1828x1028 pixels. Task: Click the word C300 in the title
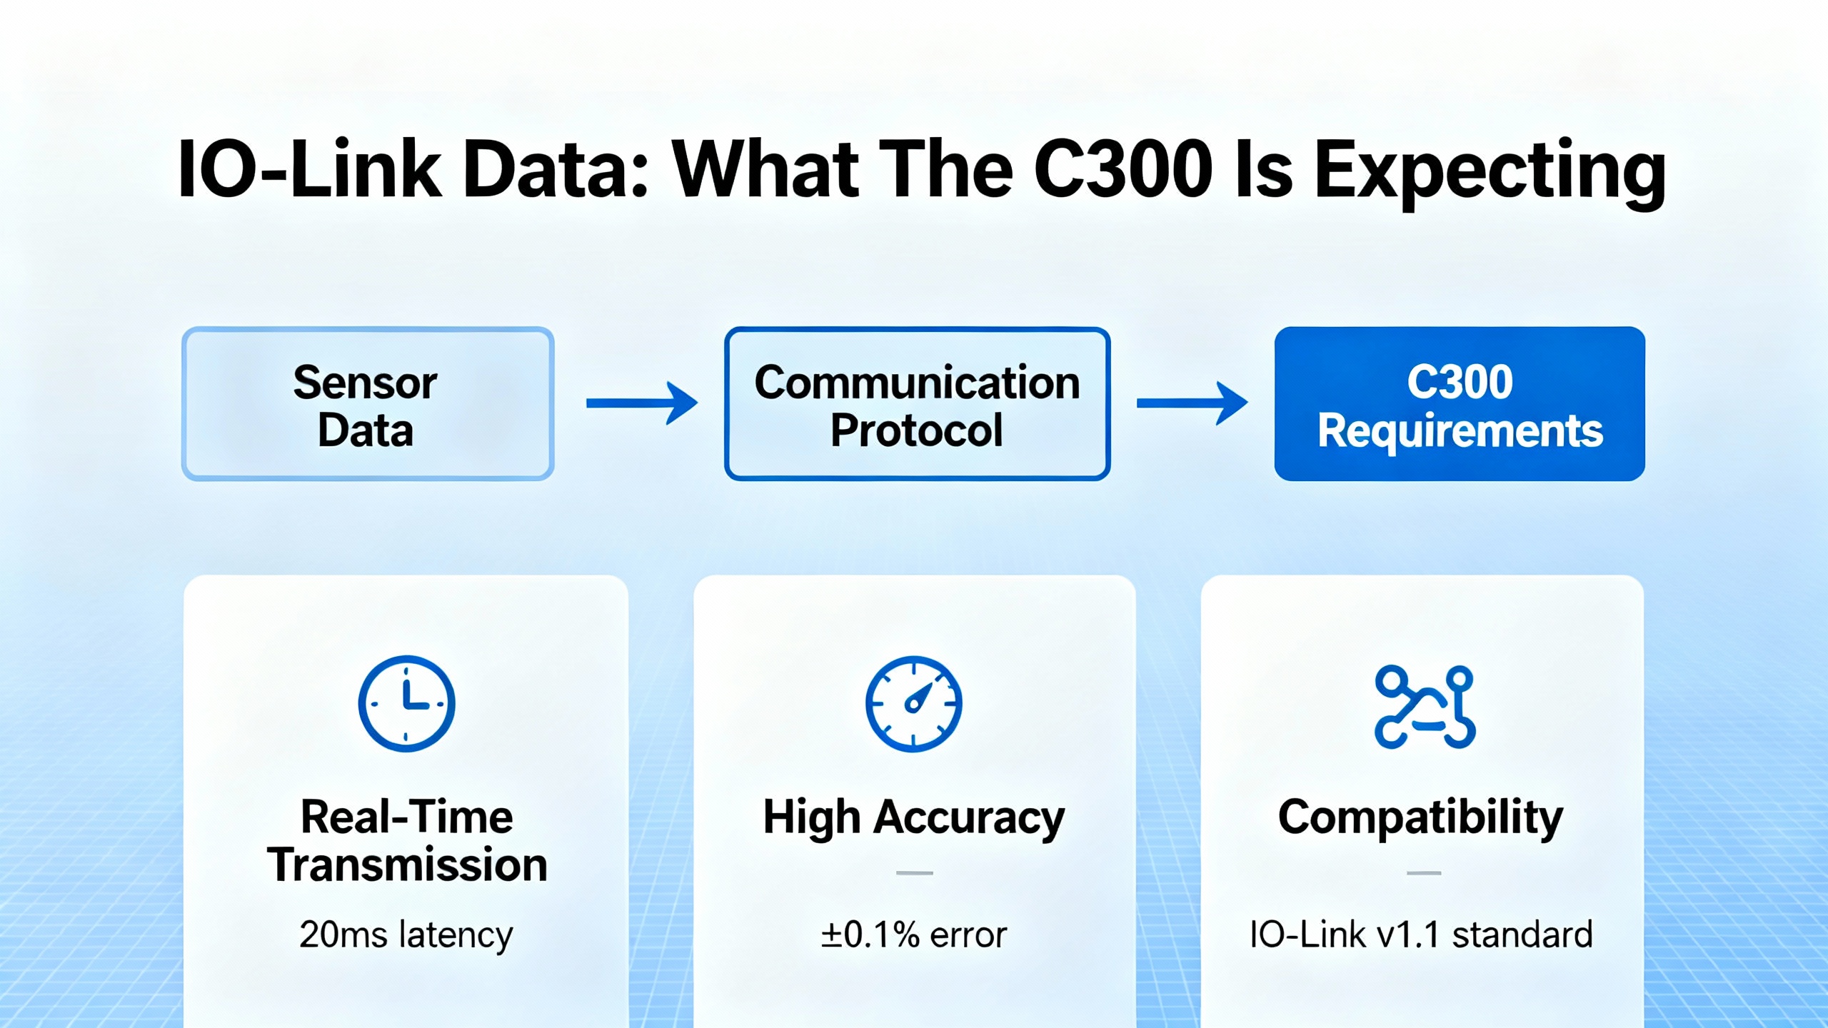pos(1123,169)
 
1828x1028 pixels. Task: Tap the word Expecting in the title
pos(1490,174)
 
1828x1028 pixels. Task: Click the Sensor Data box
pos(368,404)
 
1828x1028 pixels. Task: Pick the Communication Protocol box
pos(917,404)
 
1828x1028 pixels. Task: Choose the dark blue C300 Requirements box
pos(1460,404)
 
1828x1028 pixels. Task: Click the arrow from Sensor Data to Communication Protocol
pos(642,403)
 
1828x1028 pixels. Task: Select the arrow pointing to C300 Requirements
pos(1192,403)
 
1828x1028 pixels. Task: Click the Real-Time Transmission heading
pos(407,841)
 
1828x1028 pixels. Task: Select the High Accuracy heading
pos(914,818)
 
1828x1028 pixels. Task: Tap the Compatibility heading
pos(1421,818)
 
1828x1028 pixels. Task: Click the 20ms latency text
pos(406,935)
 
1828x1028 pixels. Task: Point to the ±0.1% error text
pos(914,935)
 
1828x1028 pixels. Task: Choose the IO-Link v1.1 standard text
pos(1421,935)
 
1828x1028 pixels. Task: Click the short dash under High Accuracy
pos(915,873)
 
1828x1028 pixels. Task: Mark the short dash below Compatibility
pos(1424,873)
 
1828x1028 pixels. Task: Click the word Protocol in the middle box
pos(917,430)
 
